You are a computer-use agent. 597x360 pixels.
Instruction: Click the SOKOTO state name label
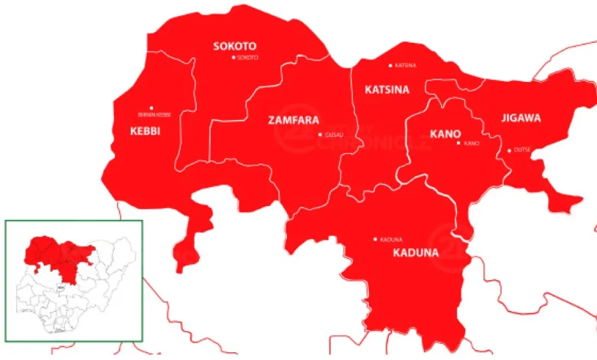click(x=234, y=46)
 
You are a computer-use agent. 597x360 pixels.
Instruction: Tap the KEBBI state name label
click(x=145, y=131)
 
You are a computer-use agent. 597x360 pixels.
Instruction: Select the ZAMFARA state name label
click(x=293, y=119)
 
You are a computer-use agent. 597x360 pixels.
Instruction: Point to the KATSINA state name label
click(x=387, y=90)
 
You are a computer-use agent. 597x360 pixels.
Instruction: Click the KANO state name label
click(x=445, y=133)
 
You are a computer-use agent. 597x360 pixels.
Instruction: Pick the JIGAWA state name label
click(x=521, y=118)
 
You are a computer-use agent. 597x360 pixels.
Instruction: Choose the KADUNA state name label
click(x=416, y=252)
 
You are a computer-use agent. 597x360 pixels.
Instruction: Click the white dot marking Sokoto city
click(x=233, y=57)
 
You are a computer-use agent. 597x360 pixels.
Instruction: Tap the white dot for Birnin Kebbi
click(x=152, y=108)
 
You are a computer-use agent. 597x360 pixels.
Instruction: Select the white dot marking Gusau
click(x=320, y=135)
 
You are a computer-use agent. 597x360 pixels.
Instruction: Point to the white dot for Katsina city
click(x=390, y=65)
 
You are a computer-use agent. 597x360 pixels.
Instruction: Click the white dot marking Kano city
click(x=459, y=143)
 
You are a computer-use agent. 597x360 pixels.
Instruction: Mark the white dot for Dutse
click(x=509, y=150)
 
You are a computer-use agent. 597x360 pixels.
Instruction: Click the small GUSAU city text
click(x=334, y=135)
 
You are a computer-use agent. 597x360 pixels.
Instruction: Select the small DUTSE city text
click(x=522, y=149)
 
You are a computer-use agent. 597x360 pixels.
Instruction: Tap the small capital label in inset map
click(x=62, y=288)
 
